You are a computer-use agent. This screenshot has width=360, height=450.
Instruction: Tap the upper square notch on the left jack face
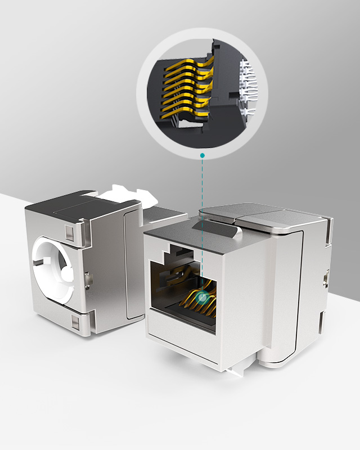click(69, 232)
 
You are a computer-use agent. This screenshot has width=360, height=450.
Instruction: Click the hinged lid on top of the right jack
click(264, 217)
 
